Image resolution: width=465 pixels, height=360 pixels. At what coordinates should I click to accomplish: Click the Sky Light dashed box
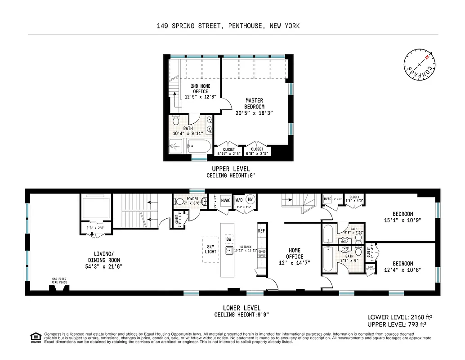coord(210,249)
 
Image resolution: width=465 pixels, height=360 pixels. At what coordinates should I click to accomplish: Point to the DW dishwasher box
coord(229,240)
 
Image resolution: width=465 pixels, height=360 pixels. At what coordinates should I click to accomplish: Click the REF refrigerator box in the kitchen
coord(261,231)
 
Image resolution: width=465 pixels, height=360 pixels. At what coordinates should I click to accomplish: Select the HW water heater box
coord(250,200)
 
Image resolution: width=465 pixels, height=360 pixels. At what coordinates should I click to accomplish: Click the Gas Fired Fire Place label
coord(59,280)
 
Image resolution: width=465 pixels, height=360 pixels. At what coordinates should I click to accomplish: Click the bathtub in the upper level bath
coord(198,146)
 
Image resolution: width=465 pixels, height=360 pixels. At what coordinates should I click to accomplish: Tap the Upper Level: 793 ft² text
coord(396,324)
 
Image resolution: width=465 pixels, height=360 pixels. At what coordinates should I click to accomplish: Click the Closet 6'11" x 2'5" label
coord(229,152)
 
